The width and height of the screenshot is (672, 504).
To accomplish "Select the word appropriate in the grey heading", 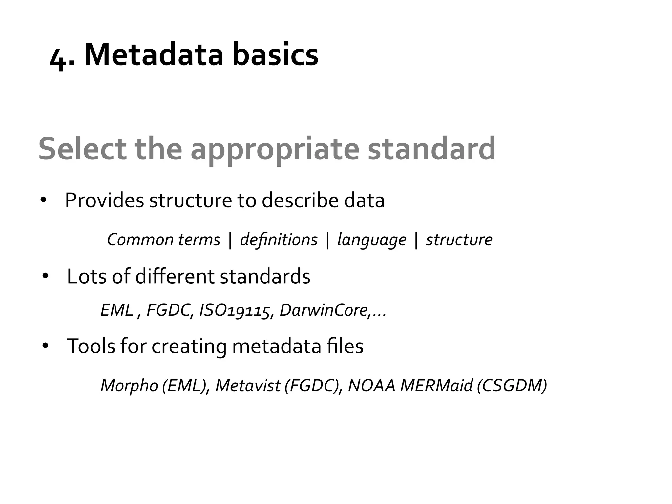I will click(x=275, y=150).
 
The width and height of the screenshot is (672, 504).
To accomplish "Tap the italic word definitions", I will click(x=279, y=240).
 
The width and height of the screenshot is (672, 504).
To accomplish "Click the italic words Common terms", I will click(x=163, y=240).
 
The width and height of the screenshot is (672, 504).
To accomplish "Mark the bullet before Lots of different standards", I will click(x=45, y=276).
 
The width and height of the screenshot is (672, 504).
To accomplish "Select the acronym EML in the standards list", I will click(x=116, y=310).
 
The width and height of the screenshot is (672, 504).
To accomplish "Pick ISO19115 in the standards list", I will click(x=235, y=310).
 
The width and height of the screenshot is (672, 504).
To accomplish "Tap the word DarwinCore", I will click(x=323, y=310).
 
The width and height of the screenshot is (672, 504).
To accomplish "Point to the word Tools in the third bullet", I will click(x=91, y=346).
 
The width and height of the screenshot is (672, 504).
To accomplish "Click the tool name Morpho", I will click(x=129, y=386).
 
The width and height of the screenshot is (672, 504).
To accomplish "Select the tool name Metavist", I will click(x=248, y=386).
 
